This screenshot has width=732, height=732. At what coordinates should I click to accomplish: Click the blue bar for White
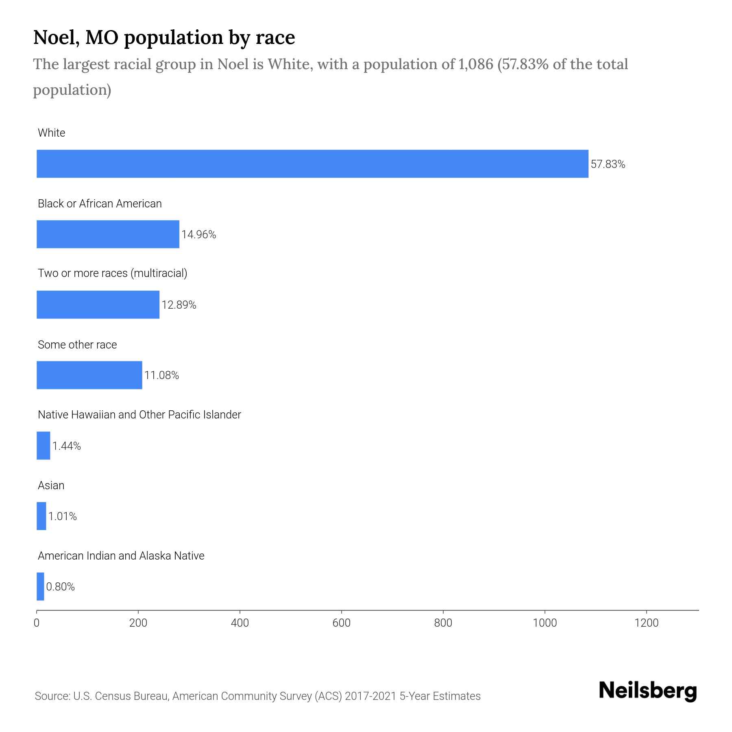click(x=312, y=163)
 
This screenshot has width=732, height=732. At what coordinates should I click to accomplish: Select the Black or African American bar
click(x=108, y=234)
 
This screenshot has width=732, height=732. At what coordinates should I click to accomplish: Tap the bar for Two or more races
click(x=98, y=305)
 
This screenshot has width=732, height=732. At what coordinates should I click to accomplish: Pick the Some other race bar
click(x=89, y=375)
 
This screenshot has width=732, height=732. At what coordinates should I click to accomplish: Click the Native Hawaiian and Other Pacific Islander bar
click(x=43, y=446)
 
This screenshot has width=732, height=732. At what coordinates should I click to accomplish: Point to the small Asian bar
click(x=41, y=516)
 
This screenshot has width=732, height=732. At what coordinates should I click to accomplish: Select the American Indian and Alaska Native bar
click(x=40, y=586)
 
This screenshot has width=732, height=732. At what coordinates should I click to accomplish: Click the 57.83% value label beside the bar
click(x=608, y=164)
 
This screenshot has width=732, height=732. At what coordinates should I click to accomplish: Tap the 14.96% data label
click(x=198, y=235)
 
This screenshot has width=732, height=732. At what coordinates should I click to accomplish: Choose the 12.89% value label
click(x=179, y=305)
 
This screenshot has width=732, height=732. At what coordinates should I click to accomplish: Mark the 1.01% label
click(x=63, y=516)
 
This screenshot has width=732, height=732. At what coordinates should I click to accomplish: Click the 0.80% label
click(x=61, y=587)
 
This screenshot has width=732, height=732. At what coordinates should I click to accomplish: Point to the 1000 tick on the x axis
click(x=545, y=623)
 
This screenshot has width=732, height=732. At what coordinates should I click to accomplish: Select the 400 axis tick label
click(x=240, y=623)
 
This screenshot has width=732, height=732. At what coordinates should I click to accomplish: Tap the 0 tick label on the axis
click(x=37, y=623)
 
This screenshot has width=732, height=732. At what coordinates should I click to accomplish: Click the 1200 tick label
click(x=646, y=623)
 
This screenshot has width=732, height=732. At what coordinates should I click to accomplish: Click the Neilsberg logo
click(x=648, y=691)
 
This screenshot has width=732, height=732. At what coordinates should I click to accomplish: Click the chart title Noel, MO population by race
click(x=164, y=37)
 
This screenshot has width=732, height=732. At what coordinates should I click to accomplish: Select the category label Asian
click(x=51, y=485)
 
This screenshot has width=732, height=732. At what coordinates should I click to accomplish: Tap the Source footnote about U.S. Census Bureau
click(x=257, y=696)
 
